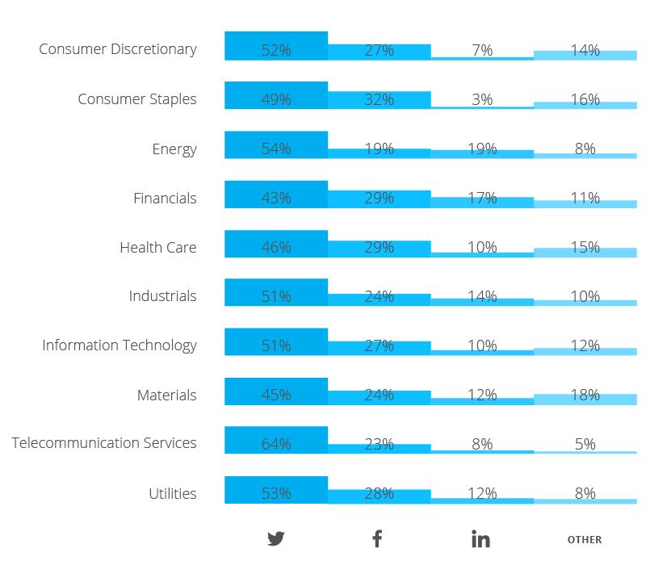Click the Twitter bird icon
point(276,538)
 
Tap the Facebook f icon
point(377,538)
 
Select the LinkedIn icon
point(480,538)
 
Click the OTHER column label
point(585,539)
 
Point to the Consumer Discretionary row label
point(118,49)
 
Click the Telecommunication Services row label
point(104,443)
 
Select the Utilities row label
point(173,493)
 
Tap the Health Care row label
point(158,247)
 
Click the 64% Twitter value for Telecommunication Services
point(276,444)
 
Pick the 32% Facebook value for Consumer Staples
point(379,99)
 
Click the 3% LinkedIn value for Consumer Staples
point(482,99)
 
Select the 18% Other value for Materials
point(585,395)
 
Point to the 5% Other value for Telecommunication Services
point(585,444)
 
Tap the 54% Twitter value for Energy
point(276,149)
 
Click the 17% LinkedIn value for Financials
point(482,198)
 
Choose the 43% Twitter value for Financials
point(276,198)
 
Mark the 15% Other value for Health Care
point(585,247)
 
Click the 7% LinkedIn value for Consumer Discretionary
point(482,50)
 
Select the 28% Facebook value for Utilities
point(379,493)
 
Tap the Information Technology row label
point(120,345)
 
